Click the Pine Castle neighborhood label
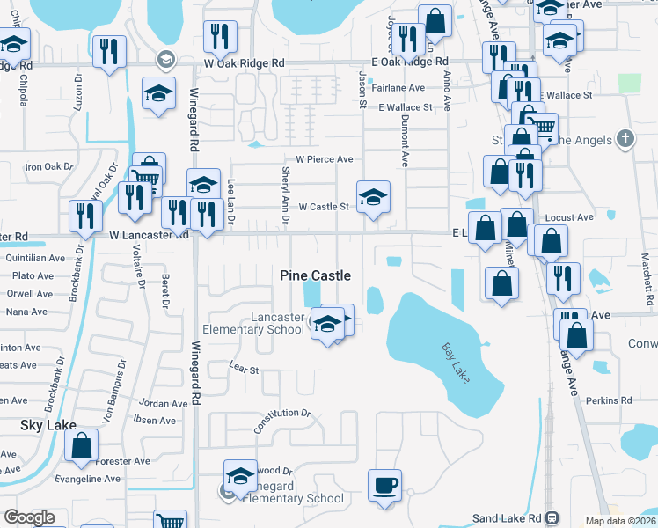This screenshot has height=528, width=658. [x=315, y=275]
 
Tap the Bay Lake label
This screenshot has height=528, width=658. [x=456, y=362]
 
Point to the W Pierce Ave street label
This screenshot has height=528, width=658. [x=324, y=159]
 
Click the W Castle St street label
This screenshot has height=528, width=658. [x=324, y=207]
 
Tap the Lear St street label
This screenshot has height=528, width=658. [x=243, y=370]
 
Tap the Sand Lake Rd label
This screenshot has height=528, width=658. [x=509, y=517]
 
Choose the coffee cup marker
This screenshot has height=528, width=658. [x=384, y=485]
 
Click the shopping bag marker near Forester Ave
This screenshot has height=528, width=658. [x=81, y=447]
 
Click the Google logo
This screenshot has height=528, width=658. [x=29, y=517]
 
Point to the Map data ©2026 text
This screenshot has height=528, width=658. [x=619, y=521]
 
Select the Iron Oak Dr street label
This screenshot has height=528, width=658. [x=48, y=166]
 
